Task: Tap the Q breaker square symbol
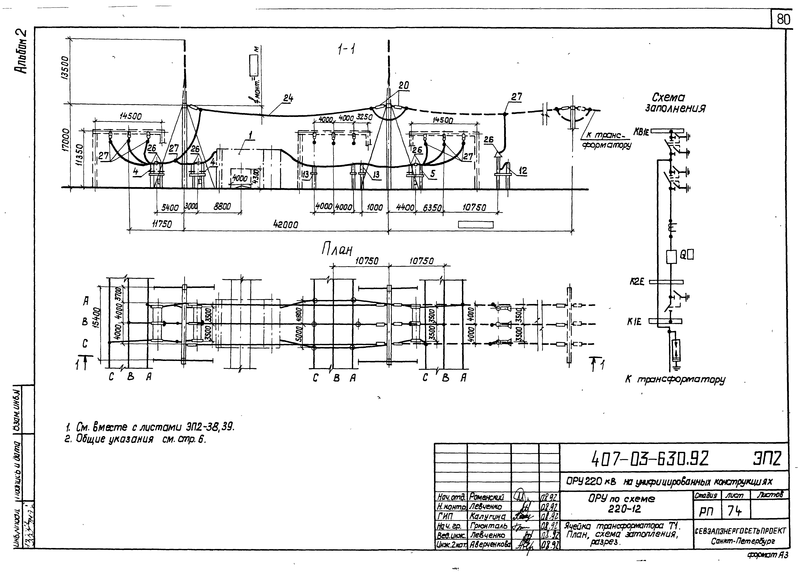pos(671,256)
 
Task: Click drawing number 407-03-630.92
pos(650,459)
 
